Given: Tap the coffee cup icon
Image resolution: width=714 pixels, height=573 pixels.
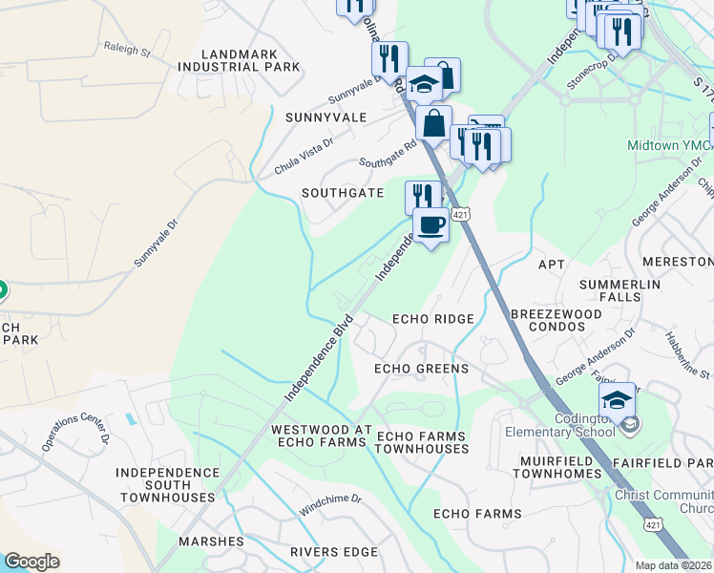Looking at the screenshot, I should pyautogui.click(x=430, y=225).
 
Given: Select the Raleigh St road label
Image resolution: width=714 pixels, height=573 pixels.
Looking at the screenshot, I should pyautogui.click(x=127, y=49).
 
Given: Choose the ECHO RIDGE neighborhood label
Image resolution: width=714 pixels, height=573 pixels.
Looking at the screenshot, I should pyautogui.click(x=433, y=319).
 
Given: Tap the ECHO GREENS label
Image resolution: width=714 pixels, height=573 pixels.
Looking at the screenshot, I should pyautogui.click(x=421, y=369).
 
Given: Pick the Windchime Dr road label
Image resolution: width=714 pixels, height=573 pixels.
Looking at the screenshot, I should pyautogui.click(x=330, y=505).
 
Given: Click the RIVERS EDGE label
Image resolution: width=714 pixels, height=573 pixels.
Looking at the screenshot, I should pyautogui.click(x=334, y=552).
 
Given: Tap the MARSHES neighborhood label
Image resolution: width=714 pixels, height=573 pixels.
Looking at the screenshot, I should pyautogui.click(x=211, y=541).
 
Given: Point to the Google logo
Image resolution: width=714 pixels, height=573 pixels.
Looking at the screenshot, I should pyautogui.click(x=31, y=561).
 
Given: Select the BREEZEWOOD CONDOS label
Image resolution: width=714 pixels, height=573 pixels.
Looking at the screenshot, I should pyautogui.click(x=556, y=320).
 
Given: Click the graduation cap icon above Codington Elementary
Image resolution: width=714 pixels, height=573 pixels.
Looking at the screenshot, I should pyautogui.click(x=618, y=399).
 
